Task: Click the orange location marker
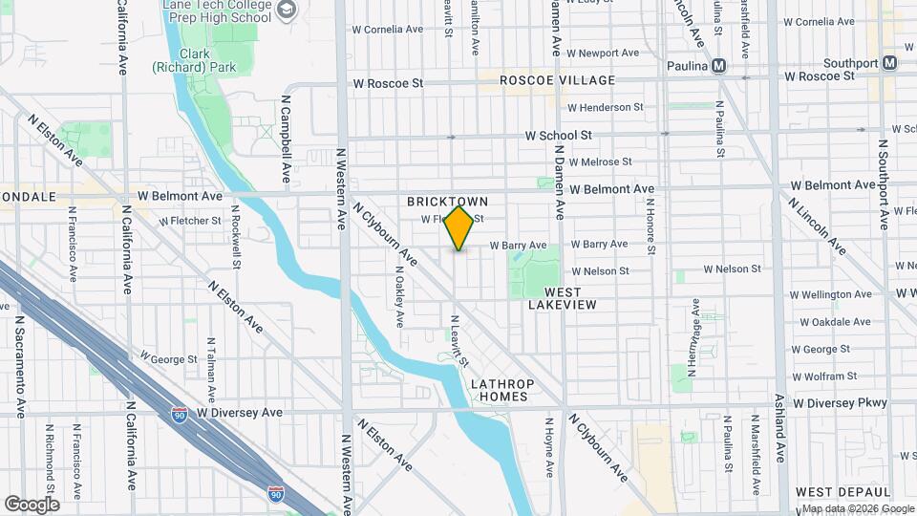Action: (x=459, y=228)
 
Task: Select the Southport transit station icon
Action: (x=889, y=63)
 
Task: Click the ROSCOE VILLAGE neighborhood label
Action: (x=558, y=80)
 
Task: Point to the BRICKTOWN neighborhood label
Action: (x=447, y=202)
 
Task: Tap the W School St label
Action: (x=559, y=136)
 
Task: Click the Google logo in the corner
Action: (x=31, y=505)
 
